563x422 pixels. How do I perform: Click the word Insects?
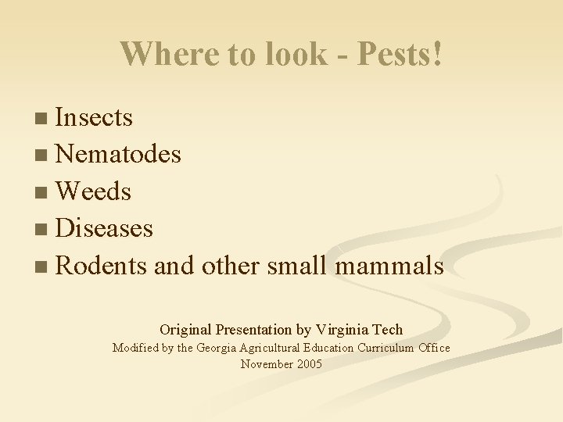tap(95, 118)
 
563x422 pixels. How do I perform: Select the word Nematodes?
tap(119, 155)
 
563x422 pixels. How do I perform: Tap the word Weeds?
tap(94, 191)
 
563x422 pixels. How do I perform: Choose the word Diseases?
tap(105, 228)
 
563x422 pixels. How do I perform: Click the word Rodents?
tap(102, 266)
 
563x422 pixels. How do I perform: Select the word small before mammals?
tap(298, 266)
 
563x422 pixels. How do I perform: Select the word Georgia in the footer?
tap(221, 348)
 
